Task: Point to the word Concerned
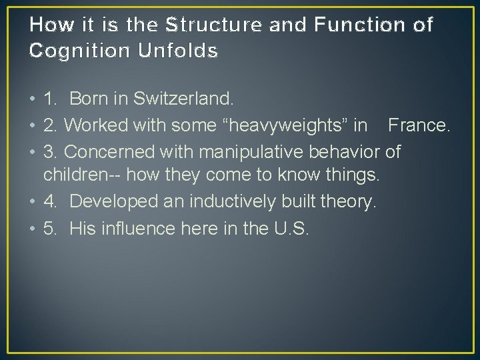pos(109,151)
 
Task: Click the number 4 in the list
pos(48,201)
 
